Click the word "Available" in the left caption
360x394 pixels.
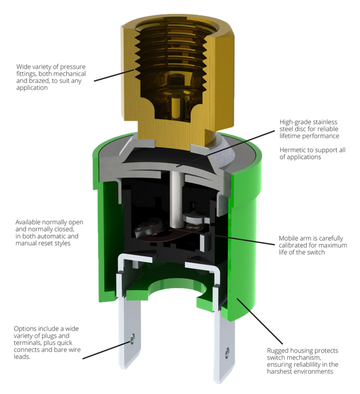pyautogui.click(x=28, y=222)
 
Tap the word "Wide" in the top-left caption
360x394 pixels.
pyautogui.click(x=23, y=67)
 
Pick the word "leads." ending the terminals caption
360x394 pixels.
pyautogui.click(x=22, y=357)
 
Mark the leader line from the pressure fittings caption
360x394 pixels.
pyautogui.click(x=114, y=75)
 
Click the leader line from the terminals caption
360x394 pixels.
pyautogui.click(x=107, y=350)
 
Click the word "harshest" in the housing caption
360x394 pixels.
pyautogui.click(x=278, y=372)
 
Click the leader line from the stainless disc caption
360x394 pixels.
pyautogui.click(x=225, y=148)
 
